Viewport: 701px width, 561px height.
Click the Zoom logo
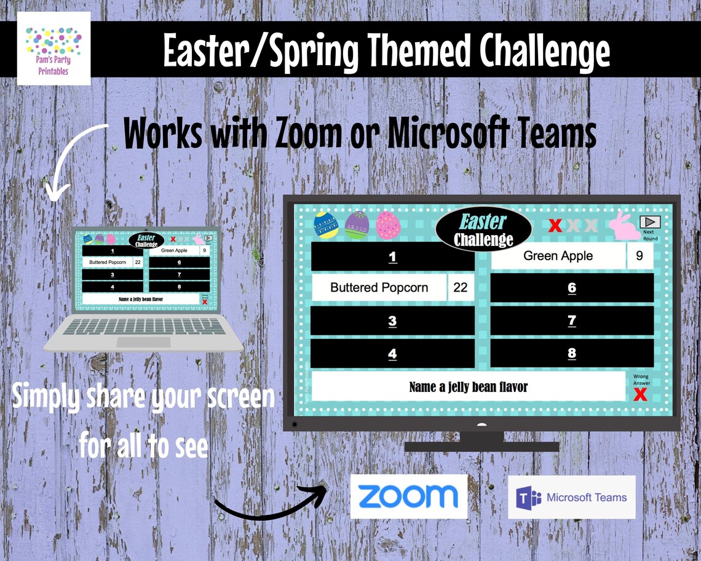(408, 496)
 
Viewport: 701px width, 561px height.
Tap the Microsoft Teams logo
(571, 497)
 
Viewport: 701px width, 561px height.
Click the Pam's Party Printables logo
(54, 49)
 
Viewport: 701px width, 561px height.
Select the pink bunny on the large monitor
(624, 225)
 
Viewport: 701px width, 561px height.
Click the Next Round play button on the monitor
(649, 222)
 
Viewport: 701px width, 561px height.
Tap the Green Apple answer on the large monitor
(558, 256)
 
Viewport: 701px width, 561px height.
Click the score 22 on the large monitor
(460, 287)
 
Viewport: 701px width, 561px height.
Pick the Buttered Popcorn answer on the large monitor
(379, 287)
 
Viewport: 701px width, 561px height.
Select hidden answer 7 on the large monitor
(572, 320)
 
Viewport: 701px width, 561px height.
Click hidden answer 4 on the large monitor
(392, 354)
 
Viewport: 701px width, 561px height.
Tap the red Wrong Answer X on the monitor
(640, 394)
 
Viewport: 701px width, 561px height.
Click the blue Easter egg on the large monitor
(326, 225)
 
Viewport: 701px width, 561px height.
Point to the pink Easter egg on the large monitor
(387, 225)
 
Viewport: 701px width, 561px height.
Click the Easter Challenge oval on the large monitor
(483, 229)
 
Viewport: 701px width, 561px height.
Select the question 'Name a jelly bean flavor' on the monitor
(469, 387)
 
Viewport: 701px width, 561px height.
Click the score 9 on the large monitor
(640, 256)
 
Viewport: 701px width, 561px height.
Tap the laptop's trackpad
(144, 342)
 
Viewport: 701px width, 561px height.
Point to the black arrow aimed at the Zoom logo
(271, 501)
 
